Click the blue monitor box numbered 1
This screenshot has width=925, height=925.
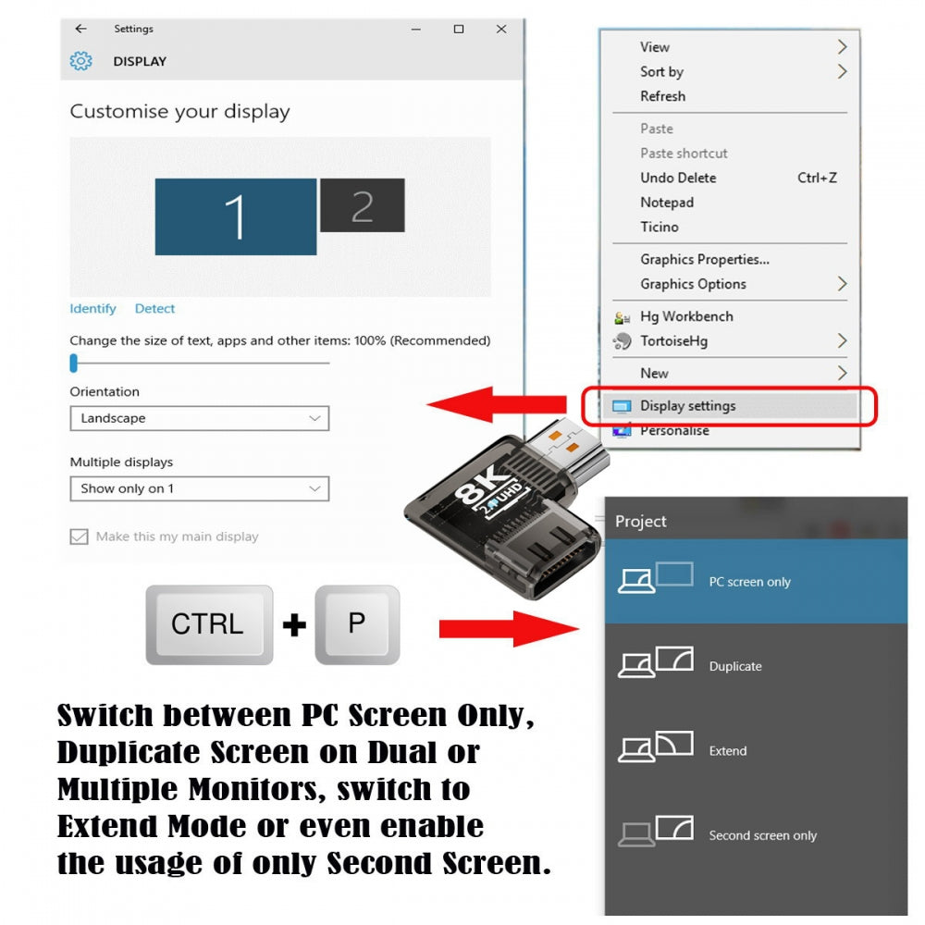click(x=235, y=217)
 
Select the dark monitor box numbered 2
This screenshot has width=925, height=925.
click(x=363, y=205)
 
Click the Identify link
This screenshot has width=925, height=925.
click(x=92, y=309)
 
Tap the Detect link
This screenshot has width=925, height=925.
click(x=154, y=309)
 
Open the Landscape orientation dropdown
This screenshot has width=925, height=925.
click(x=200, y=418)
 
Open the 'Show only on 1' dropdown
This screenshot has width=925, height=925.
click(x=200, y=488)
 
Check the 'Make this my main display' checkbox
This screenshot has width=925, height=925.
click(x=79, y=536)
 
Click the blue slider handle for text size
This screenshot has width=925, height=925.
click(x=74, y=364)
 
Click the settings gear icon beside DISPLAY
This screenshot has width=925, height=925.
click(x=80, y=61)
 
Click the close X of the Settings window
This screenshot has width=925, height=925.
click(x=501, y=29)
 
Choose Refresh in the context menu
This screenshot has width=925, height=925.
click(x=662, y=96)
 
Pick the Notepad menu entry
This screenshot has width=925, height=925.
click(x=667, y=203)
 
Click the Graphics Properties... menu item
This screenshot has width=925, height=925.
click(x=704, y=260)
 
